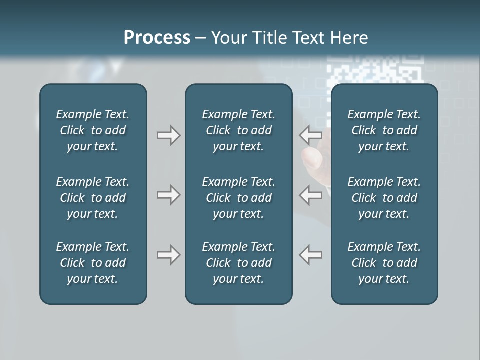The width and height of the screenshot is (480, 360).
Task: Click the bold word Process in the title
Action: [157, 38]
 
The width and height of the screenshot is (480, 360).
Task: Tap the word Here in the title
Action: [349, 38]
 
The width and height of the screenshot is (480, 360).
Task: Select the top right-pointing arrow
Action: [168, 135]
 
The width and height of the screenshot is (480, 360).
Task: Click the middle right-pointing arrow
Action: [168, 195]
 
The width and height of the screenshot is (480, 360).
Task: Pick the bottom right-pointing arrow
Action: [168, 255]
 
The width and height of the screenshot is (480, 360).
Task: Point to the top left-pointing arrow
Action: [311, 135]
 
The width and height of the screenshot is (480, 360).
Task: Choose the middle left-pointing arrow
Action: [311, 195]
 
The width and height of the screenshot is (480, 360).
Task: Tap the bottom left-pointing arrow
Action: [311, 255]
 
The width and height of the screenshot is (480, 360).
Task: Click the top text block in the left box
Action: [93, 130]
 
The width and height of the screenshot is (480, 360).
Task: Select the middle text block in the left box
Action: [93, 198]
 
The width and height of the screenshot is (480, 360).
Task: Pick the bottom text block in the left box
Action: [93, 263]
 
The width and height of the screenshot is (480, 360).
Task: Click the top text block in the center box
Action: [238, 130]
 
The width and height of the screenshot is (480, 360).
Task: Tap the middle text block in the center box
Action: [238, 198]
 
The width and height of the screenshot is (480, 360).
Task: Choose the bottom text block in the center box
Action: [238, 263]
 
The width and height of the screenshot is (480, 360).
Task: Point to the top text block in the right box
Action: [384, 130]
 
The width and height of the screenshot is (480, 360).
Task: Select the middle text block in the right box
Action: [384, 198]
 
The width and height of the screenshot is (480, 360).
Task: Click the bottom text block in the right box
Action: [384, 263]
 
